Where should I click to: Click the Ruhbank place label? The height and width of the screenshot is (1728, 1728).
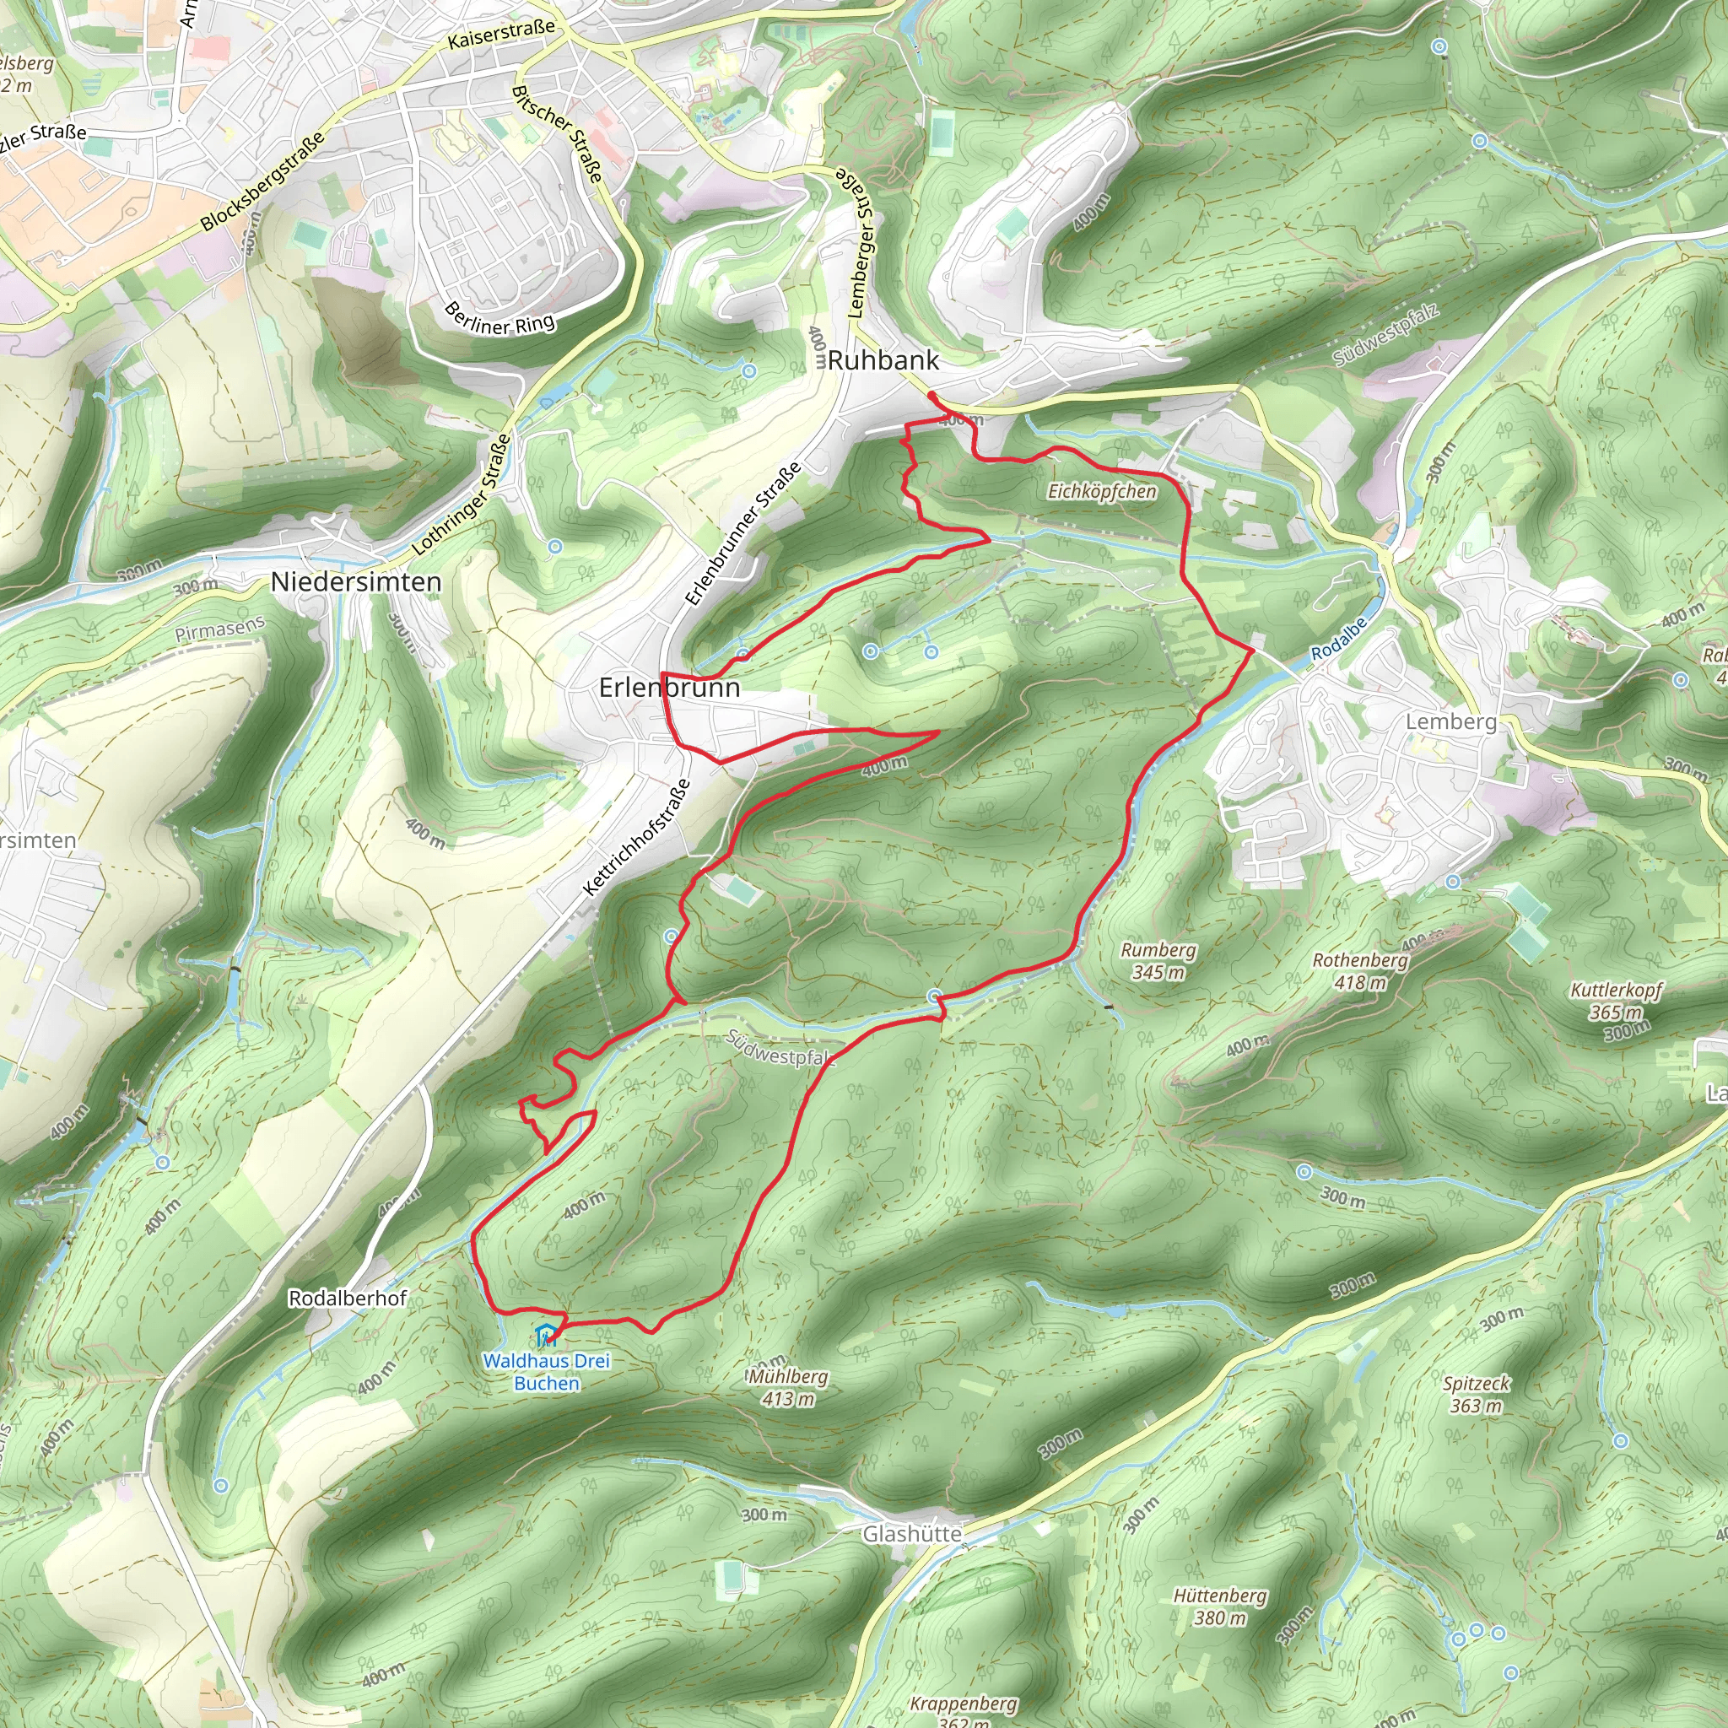882,360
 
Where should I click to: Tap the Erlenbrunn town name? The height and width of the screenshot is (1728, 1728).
669,687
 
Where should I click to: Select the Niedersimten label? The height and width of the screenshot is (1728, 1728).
356,582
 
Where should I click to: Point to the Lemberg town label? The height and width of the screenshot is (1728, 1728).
1450,721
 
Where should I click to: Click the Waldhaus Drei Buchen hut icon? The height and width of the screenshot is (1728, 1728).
546,1336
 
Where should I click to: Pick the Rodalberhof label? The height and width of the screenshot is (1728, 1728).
347,1298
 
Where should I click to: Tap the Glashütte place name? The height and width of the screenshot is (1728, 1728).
911,1534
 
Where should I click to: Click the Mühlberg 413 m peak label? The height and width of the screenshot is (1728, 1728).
788,1387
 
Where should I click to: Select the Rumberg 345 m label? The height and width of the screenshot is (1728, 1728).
1158,960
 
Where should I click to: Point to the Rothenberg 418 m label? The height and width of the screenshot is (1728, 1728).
1359,970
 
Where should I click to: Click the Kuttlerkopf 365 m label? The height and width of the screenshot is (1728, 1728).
1616,1001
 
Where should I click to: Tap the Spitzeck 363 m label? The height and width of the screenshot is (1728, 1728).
1476,1394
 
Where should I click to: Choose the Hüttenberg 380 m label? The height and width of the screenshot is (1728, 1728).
1220,1606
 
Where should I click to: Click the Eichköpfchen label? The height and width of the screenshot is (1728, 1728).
1102,491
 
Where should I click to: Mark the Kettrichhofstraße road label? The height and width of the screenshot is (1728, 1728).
637,837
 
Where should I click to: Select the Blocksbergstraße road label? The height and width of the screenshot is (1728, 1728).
262,182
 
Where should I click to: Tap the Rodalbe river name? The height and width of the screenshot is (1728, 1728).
1338,639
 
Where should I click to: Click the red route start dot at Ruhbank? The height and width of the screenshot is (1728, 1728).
931,393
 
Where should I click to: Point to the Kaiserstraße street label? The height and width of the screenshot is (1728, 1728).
501,35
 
